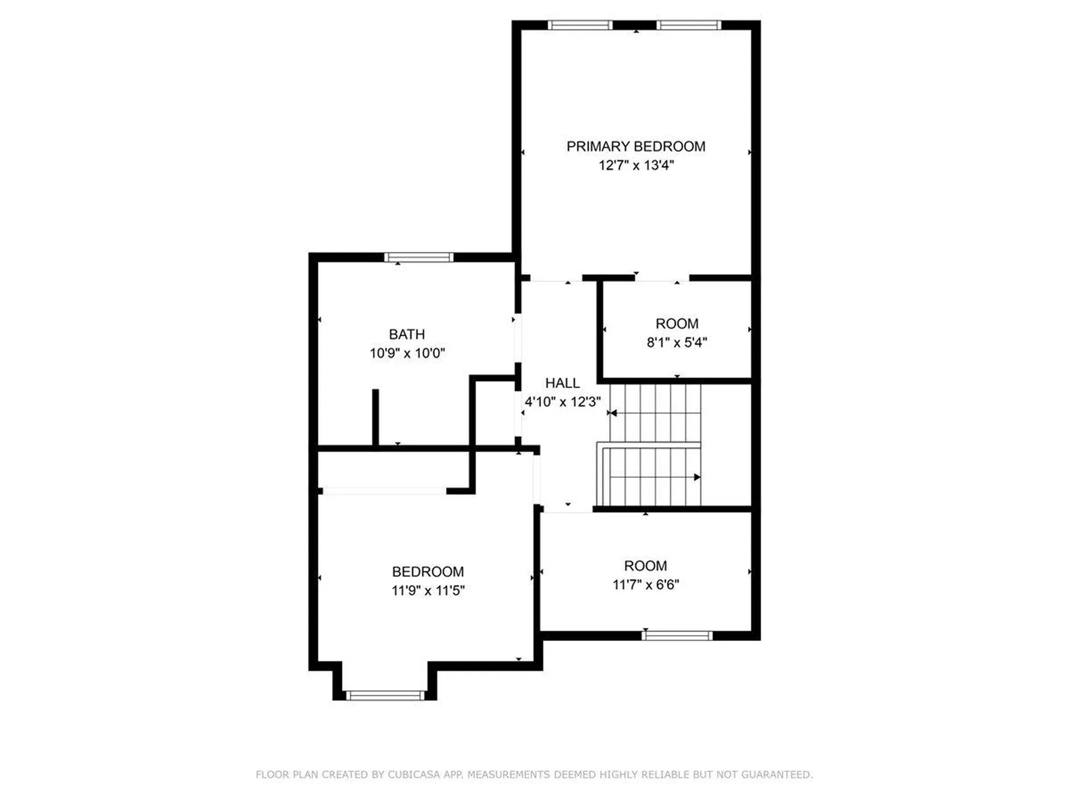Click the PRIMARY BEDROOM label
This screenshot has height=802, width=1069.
tap(636, 146)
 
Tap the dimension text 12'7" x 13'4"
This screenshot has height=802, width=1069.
tap(636, 165)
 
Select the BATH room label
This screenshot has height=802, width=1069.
tap(406, 334)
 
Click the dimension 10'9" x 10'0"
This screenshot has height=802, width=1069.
tap(407, 353)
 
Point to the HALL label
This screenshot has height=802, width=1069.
tap(562, 383)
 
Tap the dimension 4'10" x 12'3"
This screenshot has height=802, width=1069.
tap(562, 402)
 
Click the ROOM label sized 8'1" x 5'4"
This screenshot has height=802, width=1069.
tap(676, 324)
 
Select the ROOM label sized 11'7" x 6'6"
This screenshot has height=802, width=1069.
tap(645, 566)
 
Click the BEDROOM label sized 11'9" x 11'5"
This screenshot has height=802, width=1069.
tap(428, 572)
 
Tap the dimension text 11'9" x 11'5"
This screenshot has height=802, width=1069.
tap(428, 591)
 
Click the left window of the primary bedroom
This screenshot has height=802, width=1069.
tap(580, 25)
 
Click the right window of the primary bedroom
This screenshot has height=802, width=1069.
tap(689, 25)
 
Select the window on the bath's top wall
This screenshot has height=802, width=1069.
tap(419, 257)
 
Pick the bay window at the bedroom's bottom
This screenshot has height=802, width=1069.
tap(385, 695)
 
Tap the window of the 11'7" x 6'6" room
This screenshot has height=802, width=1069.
tap(677, 635)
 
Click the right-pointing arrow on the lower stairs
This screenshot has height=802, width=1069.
tap(697, 477)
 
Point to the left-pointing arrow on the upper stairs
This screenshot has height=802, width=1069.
tap(612, 413)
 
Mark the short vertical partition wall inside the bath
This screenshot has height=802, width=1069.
tap(375, 417)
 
